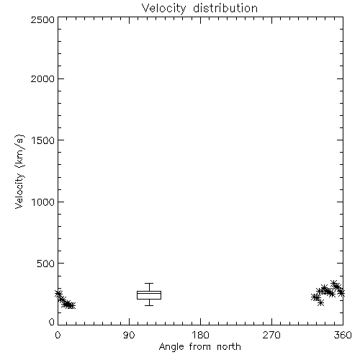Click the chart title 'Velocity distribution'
tap(199, 9)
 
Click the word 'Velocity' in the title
tap(163, 9)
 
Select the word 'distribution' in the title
tap(225, 8)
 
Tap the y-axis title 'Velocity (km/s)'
tap(19, 171)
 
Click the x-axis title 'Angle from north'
tap(199, 347)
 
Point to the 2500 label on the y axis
tap(42, 19)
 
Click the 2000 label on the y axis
tap(42, 78)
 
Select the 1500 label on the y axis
tap(43, 140)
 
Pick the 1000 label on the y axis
tap(43, 202)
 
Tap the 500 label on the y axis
tap(46, 264)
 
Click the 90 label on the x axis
tap(129, 335)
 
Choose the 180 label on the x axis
tap(200, 335)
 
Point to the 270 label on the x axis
tap(271, 335)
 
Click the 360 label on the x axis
tap(343, 335)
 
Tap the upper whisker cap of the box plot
tap(149, 284)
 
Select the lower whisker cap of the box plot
tap(149, 305)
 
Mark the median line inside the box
tap(149, 293)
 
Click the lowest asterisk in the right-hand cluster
tap(320, 302)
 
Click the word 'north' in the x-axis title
tap(229, 347)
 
